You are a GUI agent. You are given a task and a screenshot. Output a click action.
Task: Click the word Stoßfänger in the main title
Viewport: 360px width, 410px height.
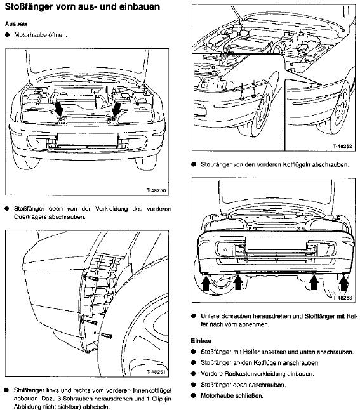29,6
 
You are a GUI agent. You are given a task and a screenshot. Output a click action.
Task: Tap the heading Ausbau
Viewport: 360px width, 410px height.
16,23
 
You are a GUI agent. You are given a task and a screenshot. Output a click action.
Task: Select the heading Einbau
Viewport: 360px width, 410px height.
201,341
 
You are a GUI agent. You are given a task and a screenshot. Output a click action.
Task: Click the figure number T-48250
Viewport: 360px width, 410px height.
156,190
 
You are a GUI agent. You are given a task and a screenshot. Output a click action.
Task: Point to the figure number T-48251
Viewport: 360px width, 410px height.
156,372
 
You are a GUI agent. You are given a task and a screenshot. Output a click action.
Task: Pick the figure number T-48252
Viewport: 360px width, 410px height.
342,146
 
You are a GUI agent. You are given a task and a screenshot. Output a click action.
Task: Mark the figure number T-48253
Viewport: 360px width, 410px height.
342,298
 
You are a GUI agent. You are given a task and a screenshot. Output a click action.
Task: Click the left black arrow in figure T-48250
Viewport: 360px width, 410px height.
60,109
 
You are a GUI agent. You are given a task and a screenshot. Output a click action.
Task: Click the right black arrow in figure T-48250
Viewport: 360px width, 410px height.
116,109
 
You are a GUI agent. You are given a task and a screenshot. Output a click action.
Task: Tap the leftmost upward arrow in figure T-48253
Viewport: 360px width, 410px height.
206,283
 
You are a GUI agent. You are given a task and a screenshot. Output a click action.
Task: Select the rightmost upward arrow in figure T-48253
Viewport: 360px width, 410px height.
344,283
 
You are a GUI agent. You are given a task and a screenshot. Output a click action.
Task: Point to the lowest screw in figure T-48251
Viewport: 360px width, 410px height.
107,335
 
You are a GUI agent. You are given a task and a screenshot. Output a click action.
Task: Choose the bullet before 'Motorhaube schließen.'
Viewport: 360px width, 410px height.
194,395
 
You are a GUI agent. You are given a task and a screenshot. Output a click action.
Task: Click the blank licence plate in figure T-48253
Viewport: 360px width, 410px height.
276,243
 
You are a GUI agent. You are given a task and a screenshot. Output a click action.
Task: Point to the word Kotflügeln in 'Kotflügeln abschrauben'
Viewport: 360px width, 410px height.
295,165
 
